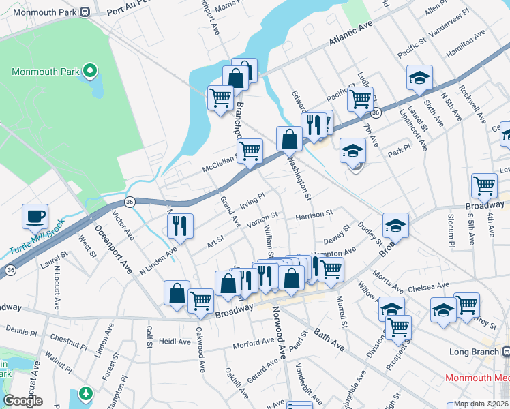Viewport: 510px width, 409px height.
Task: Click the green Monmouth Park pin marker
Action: (x=89, y=70)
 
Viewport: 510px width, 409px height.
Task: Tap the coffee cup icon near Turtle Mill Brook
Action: (x=35, y=217)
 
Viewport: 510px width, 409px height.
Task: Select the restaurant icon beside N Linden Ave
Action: (x=180, y=226)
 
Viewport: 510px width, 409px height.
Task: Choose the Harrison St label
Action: (x=314, y=215)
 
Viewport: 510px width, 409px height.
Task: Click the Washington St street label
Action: (x=299, y=179)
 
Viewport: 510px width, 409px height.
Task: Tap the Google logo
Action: (x=22, y=401)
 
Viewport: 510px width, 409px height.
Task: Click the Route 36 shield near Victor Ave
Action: (x=129, y=202)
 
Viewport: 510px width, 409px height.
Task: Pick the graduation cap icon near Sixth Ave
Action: (x=420, y=78)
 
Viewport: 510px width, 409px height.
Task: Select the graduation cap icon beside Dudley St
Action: (x=395, y=226)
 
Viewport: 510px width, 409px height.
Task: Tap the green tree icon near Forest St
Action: (x=85, y=393)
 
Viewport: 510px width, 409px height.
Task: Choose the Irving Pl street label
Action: (x=252, y=200)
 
